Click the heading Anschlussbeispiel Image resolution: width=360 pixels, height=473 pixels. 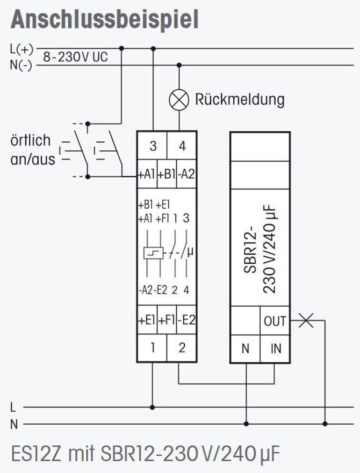coord(104,20)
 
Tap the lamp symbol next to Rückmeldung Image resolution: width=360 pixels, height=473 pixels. coord(179,100)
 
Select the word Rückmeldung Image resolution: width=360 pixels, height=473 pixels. coord(239,100)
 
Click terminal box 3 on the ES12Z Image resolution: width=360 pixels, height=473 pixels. coord(153,146)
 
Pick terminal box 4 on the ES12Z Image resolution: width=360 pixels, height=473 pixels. coord(182,146)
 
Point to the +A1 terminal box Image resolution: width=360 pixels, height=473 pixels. coord(146,175)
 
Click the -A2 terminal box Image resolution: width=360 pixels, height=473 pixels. coord(187,175)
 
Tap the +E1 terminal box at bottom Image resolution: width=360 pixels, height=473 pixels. coord(147,320)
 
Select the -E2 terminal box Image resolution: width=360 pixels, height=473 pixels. coord(187,320)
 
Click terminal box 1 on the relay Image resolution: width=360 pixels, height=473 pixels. coord(152,348)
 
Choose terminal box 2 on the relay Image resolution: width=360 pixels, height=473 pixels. coord(182,348)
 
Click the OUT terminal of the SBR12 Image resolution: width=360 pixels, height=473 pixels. coord(275,321)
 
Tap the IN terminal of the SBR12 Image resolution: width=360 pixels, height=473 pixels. coord(275,348)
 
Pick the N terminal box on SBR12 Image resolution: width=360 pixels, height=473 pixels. coord(245,348)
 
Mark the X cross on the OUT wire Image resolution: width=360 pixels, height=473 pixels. coord(306,320)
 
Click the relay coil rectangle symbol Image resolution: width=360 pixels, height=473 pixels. coord(154,253)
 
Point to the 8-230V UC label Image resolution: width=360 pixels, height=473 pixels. coord(75,58)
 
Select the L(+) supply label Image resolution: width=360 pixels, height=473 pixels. coord(22,49)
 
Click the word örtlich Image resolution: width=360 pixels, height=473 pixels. coord(30,140)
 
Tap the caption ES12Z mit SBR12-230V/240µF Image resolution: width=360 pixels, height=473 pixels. coord(146,453)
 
